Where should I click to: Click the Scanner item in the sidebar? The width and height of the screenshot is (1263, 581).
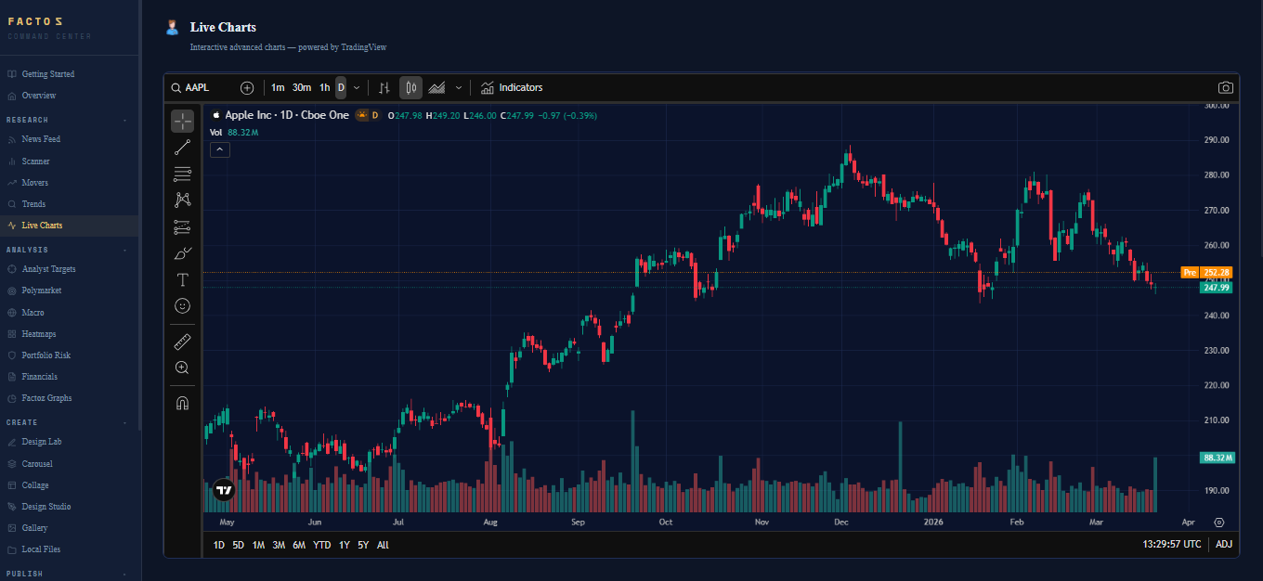(35, 161)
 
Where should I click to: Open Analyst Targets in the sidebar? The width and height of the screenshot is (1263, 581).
(48, 269)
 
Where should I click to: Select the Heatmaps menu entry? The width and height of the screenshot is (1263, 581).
(38, 334)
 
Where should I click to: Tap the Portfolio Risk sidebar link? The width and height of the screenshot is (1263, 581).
(46, 355)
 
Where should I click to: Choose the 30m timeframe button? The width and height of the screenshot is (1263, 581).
(301, 88)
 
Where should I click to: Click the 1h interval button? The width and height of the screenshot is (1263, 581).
(324, 88)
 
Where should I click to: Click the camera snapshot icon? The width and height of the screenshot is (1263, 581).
(1226, 88)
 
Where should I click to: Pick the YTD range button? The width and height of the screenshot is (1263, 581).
(321, 545)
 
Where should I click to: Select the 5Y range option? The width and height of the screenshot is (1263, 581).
(362, 545)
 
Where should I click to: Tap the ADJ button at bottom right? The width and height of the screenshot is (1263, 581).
(1224, 545)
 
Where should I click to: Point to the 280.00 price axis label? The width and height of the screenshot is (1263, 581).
(1217, 175)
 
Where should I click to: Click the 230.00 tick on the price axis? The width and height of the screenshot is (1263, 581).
(1217, 351)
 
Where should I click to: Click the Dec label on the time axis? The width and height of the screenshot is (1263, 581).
(840, 523)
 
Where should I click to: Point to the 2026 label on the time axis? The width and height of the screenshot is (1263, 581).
(933, 523)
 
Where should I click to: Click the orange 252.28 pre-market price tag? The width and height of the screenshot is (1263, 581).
(1216, 273)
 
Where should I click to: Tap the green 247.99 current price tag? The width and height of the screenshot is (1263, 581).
(1216, 289)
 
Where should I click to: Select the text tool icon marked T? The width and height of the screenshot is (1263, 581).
(182, 279)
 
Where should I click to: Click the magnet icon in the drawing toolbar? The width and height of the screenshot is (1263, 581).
(182, 403)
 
